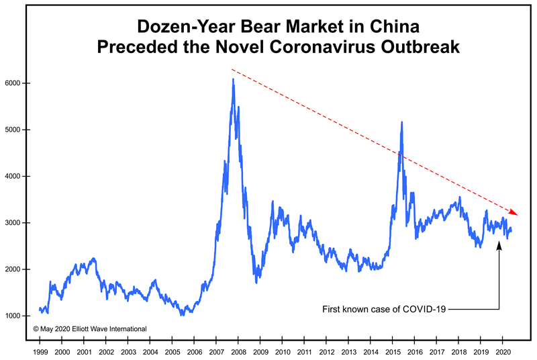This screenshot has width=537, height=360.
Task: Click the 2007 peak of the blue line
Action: pos(233,79)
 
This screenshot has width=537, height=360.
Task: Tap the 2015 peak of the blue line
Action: pos(401,122)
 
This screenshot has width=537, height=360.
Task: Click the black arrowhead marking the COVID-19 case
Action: pos(499,243)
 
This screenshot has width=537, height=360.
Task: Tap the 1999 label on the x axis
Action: pos(40,351)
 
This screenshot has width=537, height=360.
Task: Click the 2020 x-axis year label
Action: pos(503,351)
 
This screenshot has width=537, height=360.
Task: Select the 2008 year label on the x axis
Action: pos(238,351)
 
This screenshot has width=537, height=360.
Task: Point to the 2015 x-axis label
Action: pos(393,351)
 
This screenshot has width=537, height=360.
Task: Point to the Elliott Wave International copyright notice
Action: pos(89,329)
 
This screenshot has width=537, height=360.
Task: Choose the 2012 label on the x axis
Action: pos(326,351)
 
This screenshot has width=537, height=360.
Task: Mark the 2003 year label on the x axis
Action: pos(128,351)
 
